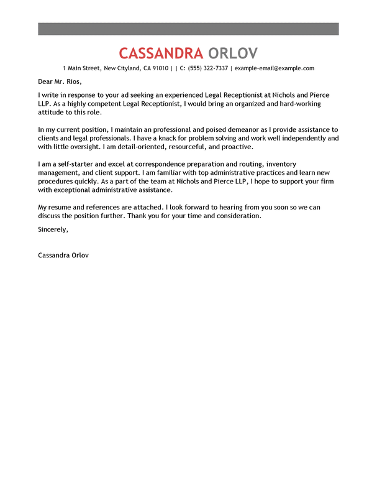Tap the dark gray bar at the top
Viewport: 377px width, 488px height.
pyautogui.click(x=188, y=29)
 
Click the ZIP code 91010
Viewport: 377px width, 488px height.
pyautogui.click(x=159, y=68)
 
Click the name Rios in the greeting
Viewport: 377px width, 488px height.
pyautogui.click(x=72, y=81)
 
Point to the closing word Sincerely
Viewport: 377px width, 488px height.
pyautogui.click(x=53, y=229)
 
